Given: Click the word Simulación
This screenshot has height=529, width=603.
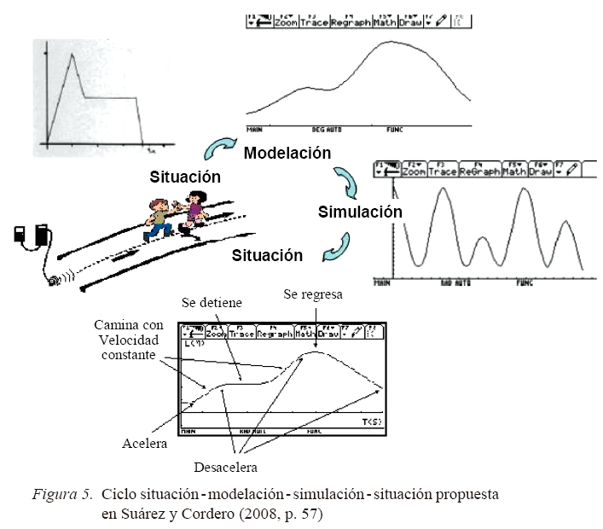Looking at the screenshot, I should [359, 211].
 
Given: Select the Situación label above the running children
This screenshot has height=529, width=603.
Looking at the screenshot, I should [185, 177].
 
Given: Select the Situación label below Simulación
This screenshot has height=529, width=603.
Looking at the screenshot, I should [267, 254].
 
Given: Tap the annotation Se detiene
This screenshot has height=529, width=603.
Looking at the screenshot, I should [212, 303].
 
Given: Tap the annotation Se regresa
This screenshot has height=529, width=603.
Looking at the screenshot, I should [314, 295].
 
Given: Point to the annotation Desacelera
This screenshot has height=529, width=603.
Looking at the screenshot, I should [225, 467].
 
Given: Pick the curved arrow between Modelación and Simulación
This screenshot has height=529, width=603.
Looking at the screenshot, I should [344, 181].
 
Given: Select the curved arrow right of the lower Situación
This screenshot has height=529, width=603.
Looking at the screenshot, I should [332, 247].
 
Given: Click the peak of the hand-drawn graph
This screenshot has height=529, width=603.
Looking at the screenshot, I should [73, 55].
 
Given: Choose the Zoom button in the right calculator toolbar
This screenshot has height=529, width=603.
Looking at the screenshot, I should [414, 171].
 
